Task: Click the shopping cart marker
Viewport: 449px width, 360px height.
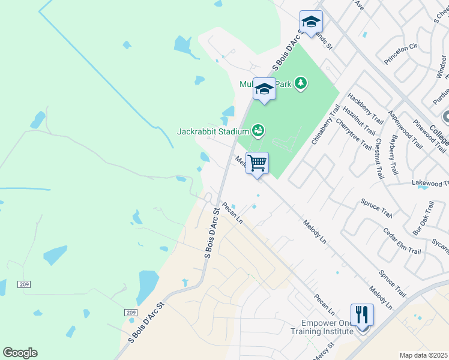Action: [257, 163]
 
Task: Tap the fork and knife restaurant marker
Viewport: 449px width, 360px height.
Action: [361, 314]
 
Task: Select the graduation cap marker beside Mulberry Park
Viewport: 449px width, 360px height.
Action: [264, 89]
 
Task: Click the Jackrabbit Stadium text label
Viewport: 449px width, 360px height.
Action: [212, 131]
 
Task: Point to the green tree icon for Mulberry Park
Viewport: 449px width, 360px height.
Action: [301, 83]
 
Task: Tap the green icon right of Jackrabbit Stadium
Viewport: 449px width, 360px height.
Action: [258, 130]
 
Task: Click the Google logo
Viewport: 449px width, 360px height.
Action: [20, 353]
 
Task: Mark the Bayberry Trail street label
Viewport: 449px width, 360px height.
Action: [393, 155]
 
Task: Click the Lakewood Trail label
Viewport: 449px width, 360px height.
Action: [430, 182]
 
